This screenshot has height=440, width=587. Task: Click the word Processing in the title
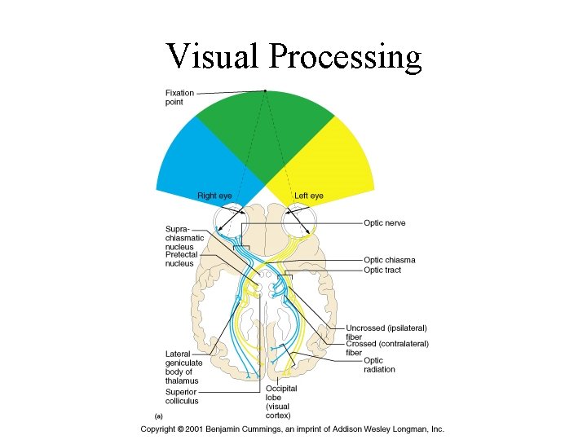point(346,59)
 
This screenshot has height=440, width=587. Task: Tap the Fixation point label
point(179,97)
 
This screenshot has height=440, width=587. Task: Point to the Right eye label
point(214,196)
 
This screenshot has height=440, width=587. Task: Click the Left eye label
point(309,196)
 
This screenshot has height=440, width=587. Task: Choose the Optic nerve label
point(384,222)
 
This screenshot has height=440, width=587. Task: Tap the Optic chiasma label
point(389,260)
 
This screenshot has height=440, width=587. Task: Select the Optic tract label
point(382,270)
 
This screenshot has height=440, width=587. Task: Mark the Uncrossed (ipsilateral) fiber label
point(386,332)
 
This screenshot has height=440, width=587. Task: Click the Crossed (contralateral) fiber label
point(387,348)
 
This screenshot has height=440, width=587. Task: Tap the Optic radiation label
point(379,365)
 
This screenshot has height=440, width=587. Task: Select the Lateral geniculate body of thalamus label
point(182,367)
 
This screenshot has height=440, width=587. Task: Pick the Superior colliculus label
point(182,396)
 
